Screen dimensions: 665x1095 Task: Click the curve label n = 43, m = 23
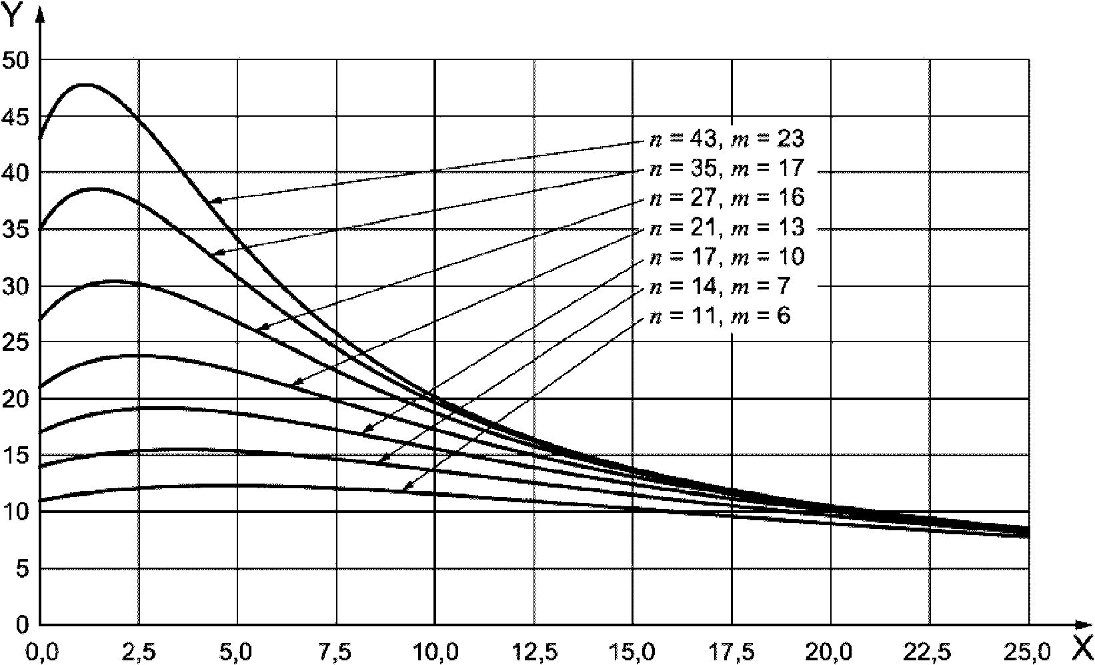(727, 139)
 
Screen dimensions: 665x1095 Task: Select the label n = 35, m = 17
(727, 168)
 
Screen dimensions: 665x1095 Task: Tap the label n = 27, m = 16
(727, 197)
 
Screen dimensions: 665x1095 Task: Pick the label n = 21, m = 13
(727, 227)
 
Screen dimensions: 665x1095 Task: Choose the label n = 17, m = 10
(727, 257)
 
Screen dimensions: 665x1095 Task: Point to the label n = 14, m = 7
(720, 286)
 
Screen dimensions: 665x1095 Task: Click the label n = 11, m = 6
(720, 315)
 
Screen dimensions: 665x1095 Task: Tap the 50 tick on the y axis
(15, 60)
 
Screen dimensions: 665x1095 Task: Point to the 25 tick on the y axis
(15, 343)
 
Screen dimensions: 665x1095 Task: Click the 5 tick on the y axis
(22, 569)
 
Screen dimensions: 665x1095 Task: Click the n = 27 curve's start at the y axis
(41, 319)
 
